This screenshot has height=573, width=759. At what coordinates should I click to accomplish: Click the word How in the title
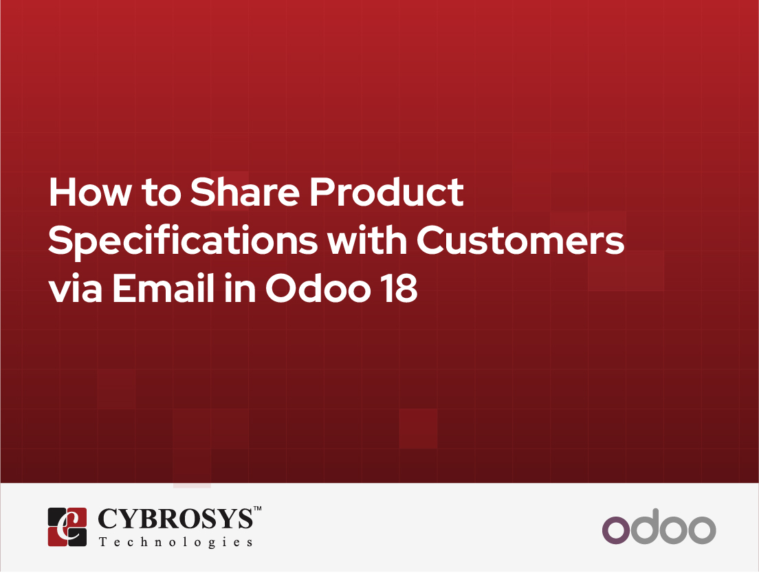pyautogui.click(x=90, y=193)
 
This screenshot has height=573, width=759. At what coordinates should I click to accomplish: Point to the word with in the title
pyautogui.click(x=367, y=240)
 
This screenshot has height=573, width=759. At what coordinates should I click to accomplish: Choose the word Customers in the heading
pyautogui.click(x=520, y=240)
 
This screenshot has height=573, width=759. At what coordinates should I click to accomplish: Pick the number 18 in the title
pyautogui.click(x=399, y=289)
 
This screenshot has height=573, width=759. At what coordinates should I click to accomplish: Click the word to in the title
pyautogui.click(x=161, y=193)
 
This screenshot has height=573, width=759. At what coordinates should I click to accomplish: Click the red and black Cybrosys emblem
pyautogui.click(x=67, y=527)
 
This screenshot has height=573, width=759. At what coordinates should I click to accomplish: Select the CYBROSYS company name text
pyautogui.click(x=175, y=519)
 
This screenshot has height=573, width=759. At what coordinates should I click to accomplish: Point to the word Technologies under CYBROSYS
pyautogui.click(x=176, y=543)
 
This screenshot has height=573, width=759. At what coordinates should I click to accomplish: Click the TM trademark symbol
pyautogui.click(x=258, y=508)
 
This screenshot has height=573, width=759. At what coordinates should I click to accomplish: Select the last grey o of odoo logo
pyautogui.click(x=702, y=530)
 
